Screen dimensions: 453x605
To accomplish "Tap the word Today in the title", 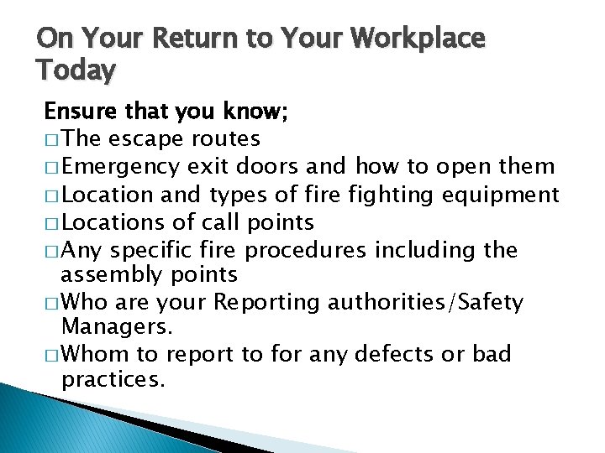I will [76, 70].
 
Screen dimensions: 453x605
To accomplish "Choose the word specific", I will [151, 251].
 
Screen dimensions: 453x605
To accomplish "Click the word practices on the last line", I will [113, 380].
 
